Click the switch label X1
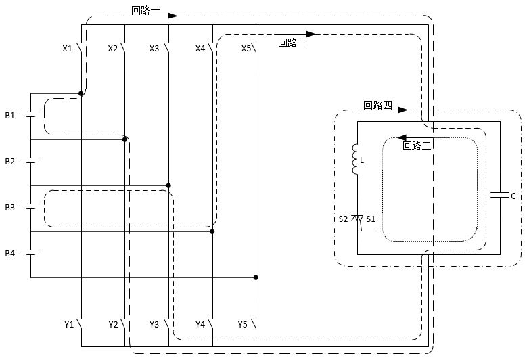click(x=67, y=49)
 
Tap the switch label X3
click(x=154, y=49)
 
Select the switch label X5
click(x=246, y=49)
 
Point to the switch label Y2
click(x=113, y=325)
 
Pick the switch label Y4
click(x=200, y=325)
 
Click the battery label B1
click(x=9, y=116)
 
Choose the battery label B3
click(x=9, y=208)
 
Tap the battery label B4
click(x=9, y=254)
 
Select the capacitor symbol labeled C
click(x=499, y=196)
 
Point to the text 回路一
click(x=145, y=12)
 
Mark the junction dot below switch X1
click(x=81, y=93)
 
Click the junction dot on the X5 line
click(x=256, y=277)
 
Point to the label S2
click(x=344, y=219)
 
